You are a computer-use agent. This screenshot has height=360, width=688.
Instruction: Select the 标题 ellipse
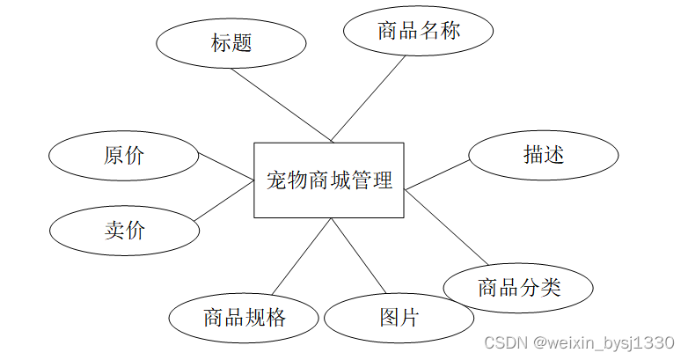[x=231, y=42]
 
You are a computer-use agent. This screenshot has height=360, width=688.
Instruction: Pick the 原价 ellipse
[x=124, y=157]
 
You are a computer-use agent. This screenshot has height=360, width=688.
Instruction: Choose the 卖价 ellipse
[x=124, y=231]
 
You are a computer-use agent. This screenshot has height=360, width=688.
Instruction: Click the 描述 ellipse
[x=543, y=156]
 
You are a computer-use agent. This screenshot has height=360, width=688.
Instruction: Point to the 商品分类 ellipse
[x=518, y=288]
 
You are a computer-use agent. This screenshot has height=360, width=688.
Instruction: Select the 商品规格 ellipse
[x=244, y=317]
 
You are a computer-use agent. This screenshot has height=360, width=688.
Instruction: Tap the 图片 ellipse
[x=399, y=317]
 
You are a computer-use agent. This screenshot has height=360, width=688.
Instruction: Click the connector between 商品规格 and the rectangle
[x=301, y=257]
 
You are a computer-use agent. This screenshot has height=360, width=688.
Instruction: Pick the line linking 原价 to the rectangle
[x=226, y=167]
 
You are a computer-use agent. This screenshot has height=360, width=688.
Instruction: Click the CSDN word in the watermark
[x=504, y=342]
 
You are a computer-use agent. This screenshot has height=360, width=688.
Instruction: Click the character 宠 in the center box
[x=275, y=181]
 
